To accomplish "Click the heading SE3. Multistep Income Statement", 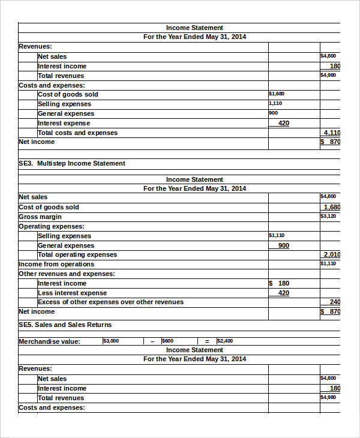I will click(x=72, y=163).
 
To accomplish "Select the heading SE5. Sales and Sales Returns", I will click(x=65, y=325).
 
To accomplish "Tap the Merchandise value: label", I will click(x=49, y=341).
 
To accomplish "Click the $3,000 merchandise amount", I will click(x=111, y=341).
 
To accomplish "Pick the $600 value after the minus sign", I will click(x=167, y=341).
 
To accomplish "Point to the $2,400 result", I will click(x=225, y=341).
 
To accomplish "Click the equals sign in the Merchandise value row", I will click(x=207, y=341).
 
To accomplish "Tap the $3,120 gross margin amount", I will click(x=328, y=216).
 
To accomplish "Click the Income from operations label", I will click(x=56, y=264).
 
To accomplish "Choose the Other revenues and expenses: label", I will click(x=67, y=274).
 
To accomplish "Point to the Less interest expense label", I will click(x=72, y=293).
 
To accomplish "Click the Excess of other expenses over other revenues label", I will click(x=110, y=302).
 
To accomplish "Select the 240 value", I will click(x=335, y=302).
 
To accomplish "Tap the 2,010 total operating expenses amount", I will click(x=332, y=254).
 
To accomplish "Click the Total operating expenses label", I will click(x=77, y=254).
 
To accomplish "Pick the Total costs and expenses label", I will click(x=77, y=133).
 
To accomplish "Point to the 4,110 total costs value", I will click(x=332, y=133).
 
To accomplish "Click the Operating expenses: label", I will click(x=52, y=226).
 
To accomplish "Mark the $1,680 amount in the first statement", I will click(x=277, y=94).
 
